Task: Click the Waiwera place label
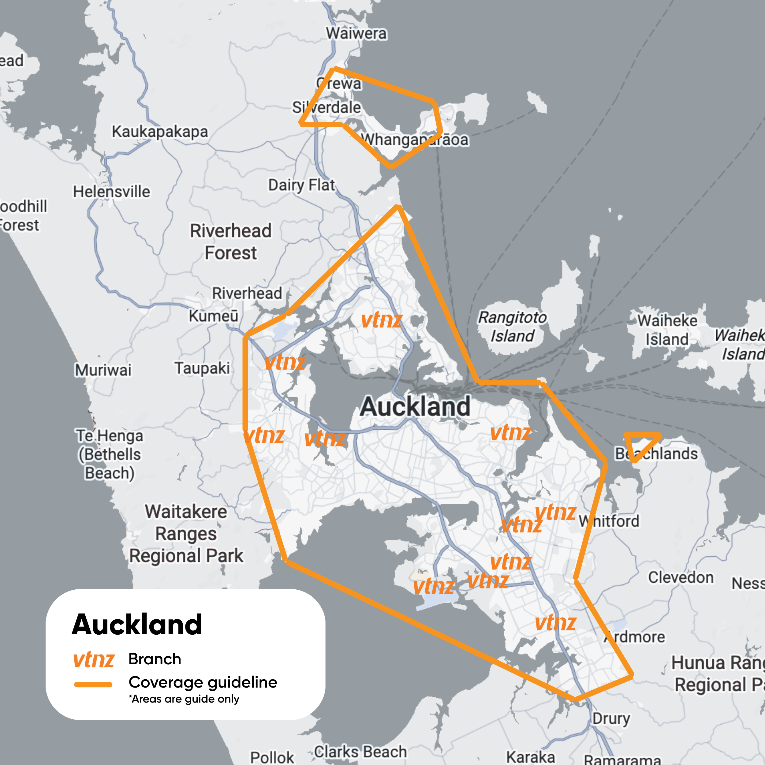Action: [x=356, y=33]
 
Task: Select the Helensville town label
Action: [x=112, y=192]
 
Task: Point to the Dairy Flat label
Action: [x=301, y=185]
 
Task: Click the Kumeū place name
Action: [x=213, y=316]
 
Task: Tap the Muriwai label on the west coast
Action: [x=103, y=370]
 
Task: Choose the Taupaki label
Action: [x=202, y=368]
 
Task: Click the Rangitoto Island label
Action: [x=512, y=327]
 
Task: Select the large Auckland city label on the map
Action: [x=415, y=406]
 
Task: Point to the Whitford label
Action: [x=609, y=521]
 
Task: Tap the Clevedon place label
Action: [x=681, y=577]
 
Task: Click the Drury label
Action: [x=611, y=707]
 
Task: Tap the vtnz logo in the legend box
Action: [x=94, y=660]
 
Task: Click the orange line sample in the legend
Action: [x=93, y=685]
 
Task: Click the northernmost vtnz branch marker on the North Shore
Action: [x=381, y=320]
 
